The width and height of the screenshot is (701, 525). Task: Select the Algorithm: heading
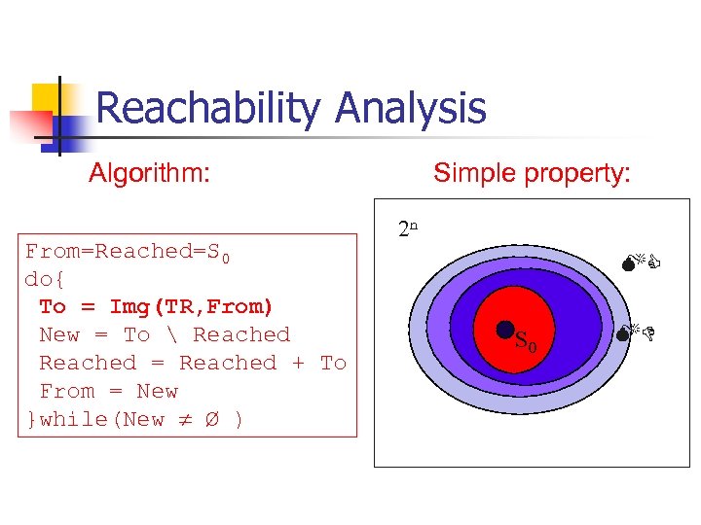pyautogui.click(x=150, y=174)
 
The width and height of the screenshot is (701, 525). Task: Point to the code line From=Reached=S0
pyautogui.click(x=128, y=252)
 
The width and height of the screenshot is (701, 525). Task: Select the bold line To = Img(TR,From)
pyautogui.click(x=157, y=306)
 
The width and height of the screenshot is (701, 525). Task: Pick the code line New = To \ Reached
pyautogui.click(x=165, y=334)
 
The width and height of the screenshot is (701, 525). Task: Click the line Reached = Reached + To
pyautogui.click(x=193, y=363)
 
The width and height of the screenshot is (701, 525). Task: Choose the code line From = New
pyautogui.click(x=108, y=391)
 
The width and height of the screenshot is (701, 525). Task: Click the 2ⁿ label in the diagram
pyautogui.click(x=408, y=229)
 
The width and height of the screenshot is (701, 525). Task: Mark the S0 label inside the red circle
pyautogui.click(x=525, y=341)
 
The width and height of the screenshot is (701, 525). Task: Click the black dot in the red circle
pyautogui.click(x=505, y=331)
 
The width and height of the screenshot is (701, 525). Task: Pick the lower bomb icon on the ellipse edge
pyautogui.click(x=624, y=334)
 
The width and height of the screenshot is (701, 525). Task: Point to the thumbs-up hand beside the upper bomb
pyautogui.click(x=654, y=261)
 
